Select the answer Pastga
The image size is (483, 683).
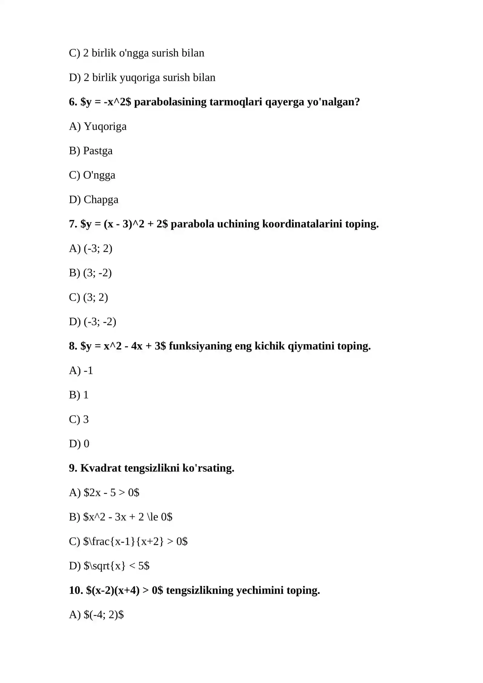click(98, 151)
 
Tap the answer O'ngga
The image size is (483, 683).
click(99, 175)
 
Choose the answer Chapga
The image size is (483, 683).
click(101, 200)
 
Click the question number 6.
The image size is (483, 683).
click(73, 102)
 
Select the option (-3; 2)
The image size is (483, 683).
click(98, 249)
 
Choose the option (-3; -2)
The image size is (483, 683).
click(100, 322)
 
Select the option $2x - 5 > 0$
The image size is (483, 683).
click(111, 492)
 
